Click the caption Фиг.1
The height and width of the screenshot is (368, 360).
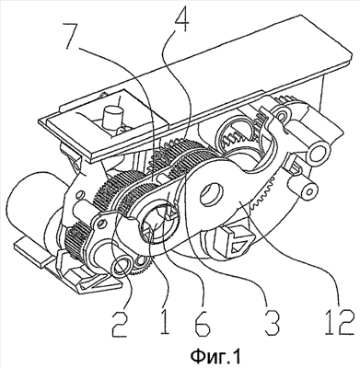point(215,357)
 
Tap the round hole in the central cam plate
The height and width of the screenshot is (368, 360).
point(212,194)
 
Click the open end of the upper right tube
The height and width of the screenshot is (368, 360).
point(319,152)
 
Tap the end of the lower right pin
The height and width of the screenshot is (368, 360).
point(308,192)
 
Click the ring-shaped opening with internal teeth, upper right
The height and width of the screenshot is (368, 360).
point(238,132)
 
